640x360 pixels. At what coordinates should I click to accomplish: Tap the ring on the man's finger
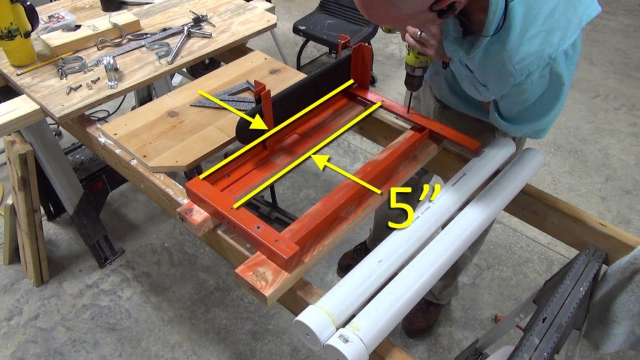[419, 35]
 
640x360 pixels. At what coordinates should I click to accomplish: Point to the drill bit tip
[408, 111]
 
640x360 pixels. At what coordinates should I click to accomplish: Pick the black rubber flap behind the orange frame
[294, 98]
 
